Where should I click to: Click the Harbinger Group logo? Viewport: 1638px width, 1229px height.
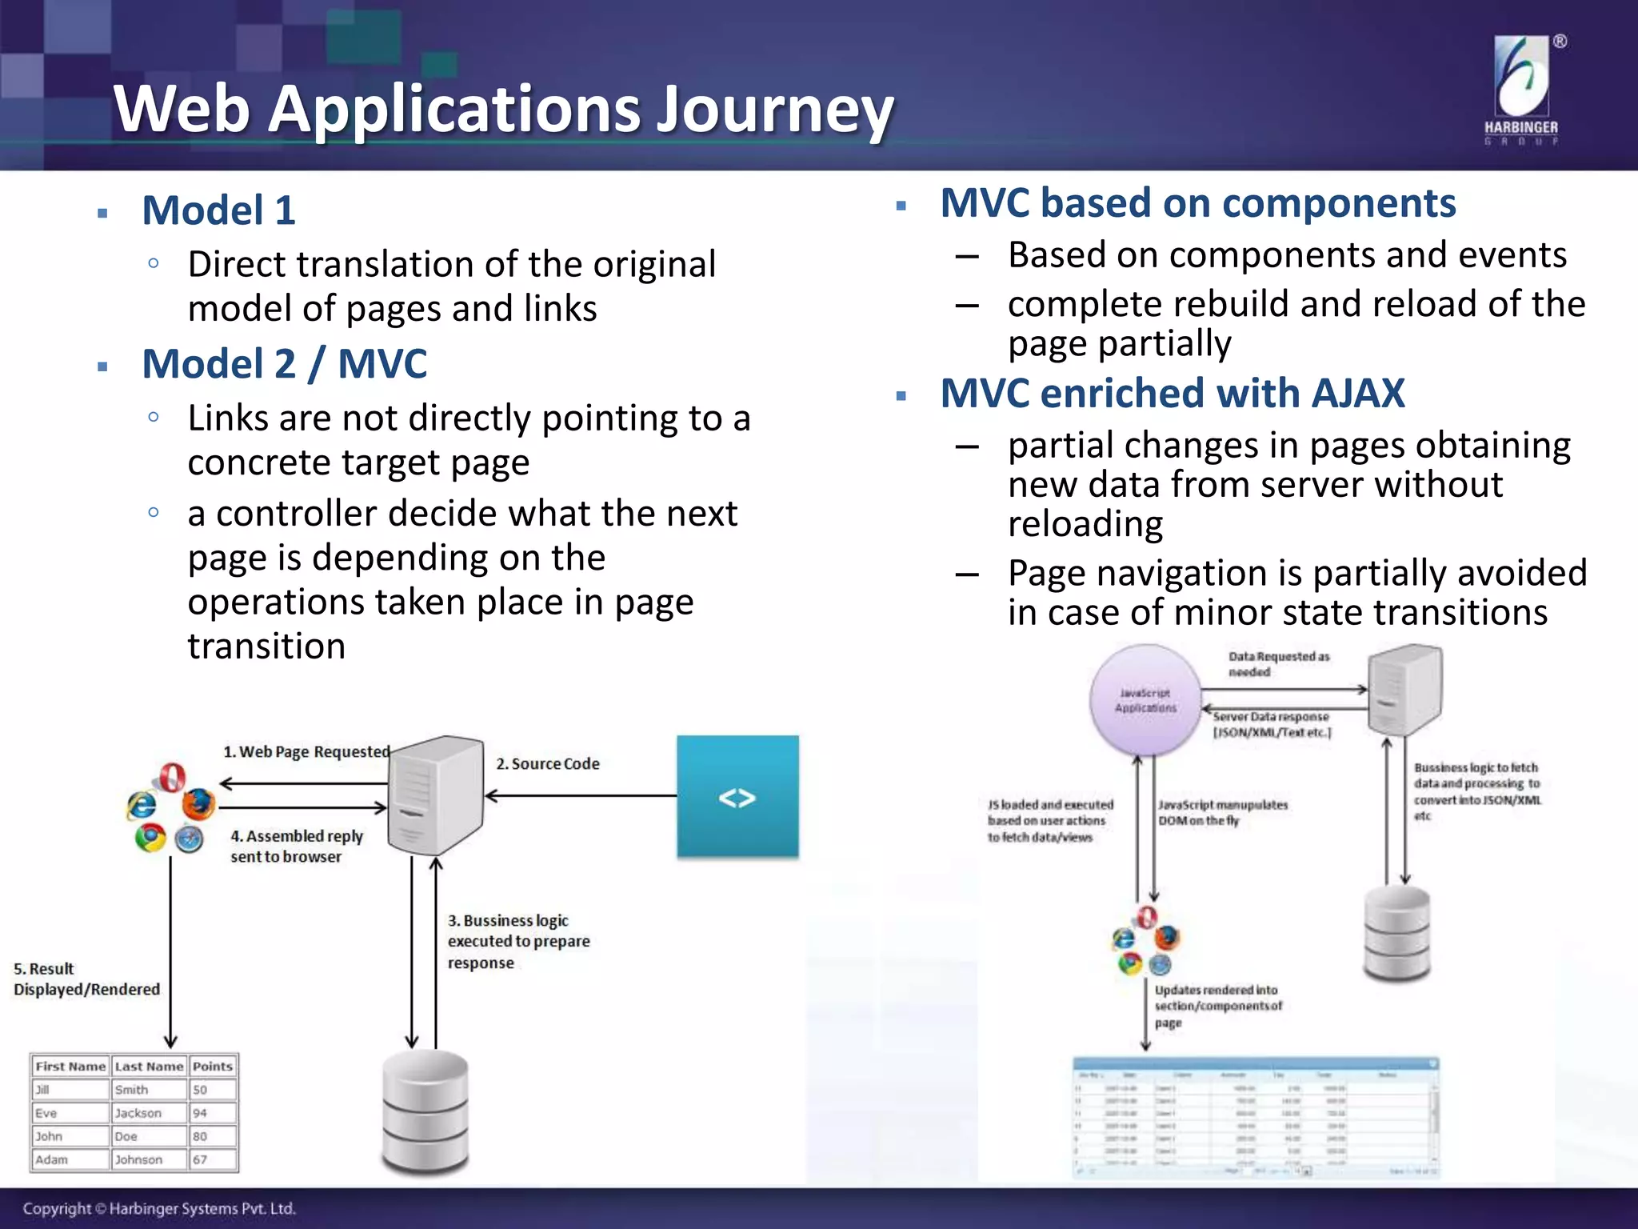point(1521,90)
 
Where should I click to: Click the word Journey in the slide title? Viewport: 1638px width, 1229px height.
point(774,110)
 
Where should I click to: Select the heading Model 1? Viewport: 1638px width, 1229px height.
point(218,210)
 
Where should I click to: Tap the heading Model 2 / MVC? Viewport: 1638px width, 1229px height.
point(284,364)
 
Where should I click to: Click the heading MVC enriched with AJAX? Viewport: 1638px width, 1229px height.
point(1172,394)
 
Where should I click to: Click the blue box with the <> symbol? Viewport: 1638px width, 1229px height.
point(737,797)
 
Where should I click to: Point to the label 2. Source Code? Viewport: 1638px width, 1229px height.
point(548,764)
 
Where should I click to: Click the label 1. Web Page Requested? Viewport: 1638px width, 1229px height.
point(306,752)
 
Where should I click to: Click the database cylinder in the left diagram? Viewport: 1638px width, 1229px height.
point(425,1112)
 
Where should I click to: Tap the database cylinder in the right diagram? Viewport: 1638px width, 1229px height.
point(1396,935)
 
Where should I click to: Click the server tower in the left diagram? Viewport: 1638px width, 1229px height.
point(435,796)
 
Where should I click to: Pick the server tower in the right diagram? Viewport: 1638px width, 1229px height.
point(1404,690)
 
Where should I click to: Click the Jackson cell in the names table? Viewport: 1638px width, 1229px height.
point(138,1113)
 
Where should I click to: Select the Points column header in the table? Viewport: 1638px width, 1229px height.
point(213,1067)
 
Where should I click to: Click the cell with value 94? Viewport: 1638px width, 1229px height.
point(201,1113)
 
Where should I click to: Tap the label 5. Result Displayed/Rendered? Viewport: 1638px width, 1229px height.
point(86,979)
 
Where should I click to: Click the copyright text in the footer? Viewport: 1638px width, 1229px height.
point(159,1208)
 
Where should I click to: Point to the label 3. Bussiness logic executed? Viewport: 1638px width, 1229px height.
point(518,942)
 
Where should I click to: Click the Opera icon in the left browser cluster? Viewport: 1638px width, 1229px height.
point(171,776)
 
